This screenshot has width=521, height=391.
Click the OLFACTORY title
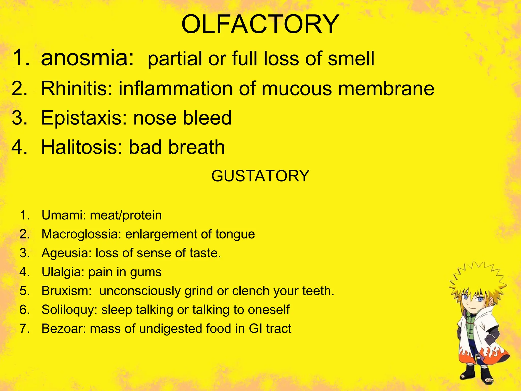pos(260,24)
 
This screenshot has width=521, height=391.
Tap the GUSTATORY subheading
pos(260,176)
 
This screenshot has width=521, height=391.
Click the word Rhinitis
pos(77,89)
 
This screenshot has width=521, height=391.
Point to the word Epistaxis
pos(84,118)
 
